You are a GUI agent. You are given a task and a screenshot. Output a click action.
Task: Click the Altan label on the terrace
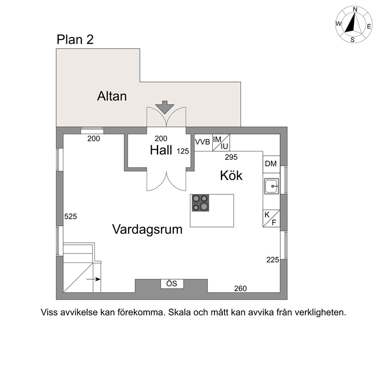112,96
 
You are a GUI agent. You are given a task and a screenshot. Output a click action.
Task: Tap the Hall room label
161,150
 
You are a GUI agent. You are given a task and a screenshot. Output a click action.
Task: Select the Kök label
231,175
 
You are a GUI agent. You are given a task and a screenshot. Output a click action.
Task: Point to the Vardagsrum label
147,229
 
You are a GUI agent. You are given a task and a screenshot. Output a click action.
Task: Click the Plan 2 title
75,39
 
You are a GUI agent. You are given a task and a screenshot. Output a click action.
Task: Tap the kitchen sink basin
271,186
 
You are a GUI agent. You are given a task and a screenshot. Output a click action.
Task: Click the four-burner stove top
200,203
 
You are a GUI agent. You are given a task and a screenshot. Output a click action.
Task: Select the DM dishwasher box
271,164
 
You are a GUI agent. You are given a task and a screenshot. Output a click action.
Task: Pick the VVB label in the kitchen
202,142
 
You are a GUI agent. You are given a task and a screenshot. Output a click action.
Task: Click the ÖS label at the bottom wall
172,283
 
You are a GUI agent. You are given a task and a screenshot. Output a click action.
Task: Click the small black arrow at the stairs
93,279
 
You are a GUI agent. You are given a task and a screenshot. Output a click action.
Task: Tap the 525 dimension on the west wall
70,216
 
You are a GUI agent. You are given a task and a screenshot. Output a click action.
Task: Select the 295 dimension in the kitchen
231,157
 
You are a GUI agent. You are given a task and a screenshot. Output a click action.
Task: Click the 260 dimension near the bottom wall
240,288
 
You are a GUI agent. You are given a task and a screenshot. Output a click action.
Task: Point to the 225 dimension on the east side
273,259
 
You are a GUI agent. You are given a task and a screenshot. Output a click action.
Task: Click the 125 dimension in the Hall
183,151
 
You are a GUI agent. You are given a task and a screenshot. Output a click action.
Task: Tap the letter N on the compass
355,10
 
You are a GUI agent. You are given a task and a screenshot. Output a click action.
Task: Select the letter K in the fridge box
267,215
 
